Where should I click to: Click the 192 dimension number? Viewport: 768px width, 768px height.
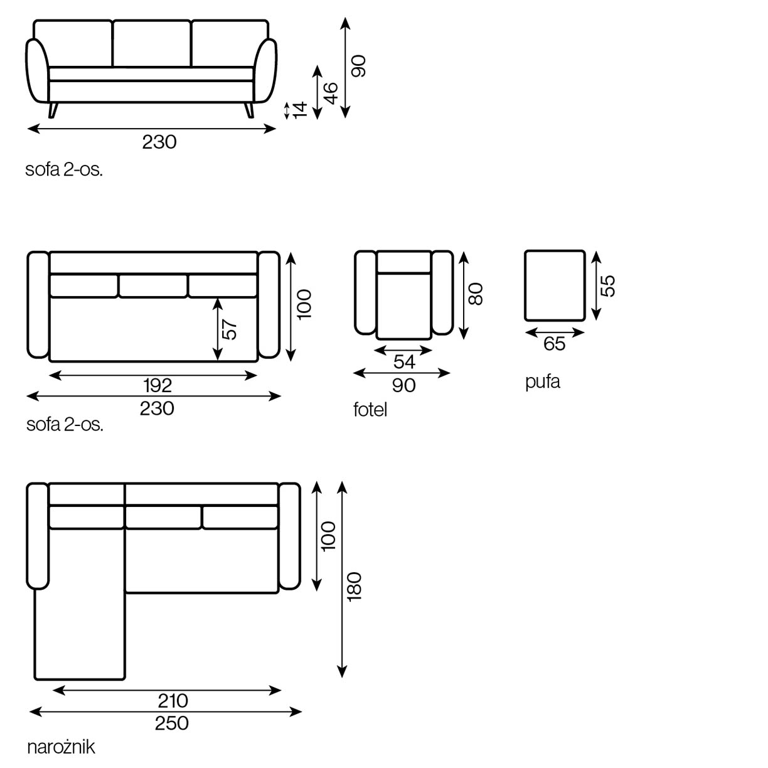[x=157, y=385]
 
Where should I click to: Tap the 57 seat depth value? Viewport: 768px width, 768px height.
[x=231, y=329]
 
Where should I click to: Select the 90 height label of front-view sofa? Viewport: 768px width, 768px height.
[x=358, y=66]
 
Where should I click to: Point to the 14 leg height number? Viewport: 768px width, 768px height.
[x=301, y=110]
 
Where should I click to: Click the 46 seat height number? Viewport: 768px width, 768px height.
[x=331, y=92]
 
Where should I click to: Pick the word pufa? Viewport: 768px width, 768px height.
[x=542, y=381]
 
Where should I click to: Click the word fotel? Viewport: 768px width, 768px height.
[x=370, y=410]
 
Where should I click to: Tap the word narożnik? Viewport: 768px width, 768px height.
[x=61, y=747]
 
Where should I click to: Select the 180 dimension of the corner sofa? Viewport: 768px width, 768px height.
[x=355, y=587]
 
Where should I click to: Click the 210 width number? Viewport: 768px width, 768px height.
[x=173, y=700]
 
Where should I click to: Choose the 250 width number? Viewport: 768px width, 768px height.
[x=171, y=723]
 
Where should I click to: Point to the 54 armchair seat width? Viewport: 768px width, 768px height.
[x=404, y=362]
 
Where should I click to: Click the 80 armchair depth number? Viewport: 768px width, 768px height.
[x=476, y=294]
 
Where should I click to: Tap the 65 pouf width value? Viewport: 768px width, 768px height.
[x=554, y=344]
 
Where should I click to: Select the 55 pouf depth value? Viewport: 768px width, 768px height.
[x=607, y=285]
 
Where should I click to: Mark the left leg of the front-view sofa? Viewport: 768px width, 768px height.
[x=53, y=110]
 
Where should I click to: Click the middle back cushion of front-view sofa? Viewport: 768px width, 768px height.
[x=152, y=43]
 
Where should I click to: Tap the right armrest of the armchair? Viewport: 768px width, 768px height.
[x=442, y=292]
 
